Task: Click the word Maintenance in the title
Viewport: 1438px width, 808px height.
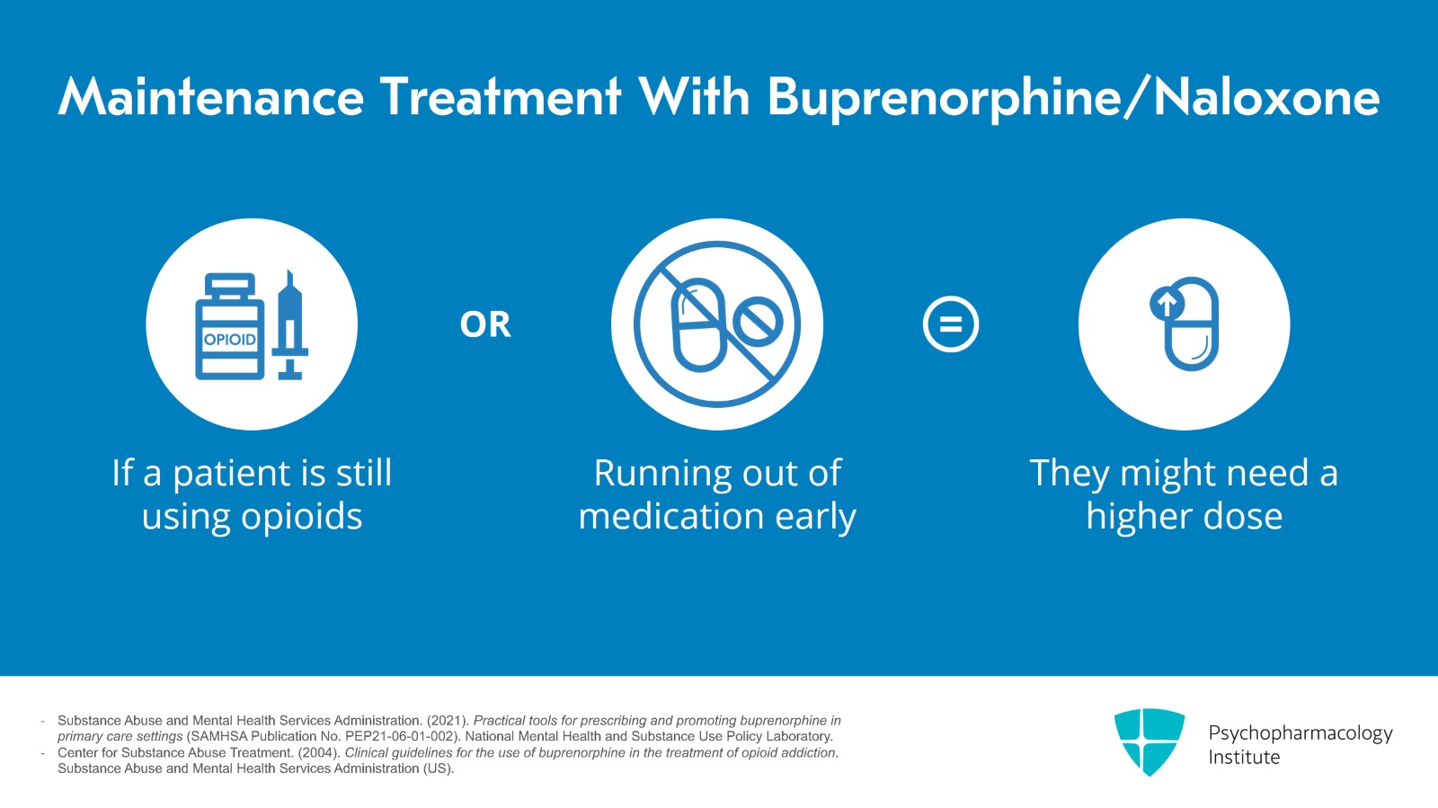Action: click(x=211, y=97)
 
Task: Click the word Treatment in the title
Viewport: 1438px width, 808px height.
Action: click(x=502, y=97)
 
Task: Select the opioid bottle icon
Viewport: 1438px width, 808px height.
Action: click(x=230, y=326)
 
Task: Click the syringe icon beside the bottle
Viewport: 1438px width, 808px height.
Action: click(x=290, y=324)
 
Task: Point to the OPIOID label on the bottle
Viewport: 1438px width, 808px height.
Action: click(x=230, y=340)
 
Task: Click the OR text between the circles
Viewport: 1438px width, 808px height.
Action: click(x=485, y=324)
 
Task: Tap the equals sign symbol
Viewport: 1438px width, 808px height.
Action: click(x=951, y=324)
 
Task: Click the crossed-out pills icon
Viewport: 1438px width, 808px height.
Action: click(x=717, y=324)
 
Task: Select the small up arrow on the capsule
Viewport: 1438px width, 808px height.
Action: click(x=1167, y=304)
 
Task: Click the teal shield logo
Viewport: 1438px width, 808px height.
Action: click(x=1150, y=741)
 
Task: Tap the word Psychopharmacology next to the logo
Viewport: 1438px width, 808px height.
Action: click(x=1300, y=733)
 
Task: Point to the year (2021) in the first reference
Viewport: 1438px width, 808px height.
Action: click(x=448, y=721)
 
